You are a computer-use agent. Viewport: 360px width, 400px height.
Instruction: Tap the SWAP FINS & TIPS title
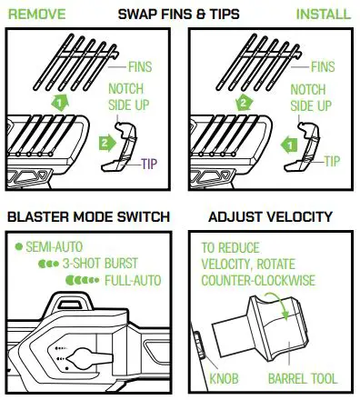[x=180, y=15]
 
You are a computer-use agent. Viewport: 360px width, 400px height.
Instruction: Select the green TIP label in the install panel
[x=333, y=161]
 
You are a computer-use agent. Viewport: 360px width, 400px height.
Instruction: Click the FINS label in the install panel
[x=322, y=66]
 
